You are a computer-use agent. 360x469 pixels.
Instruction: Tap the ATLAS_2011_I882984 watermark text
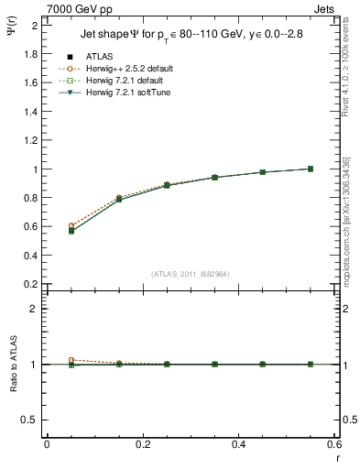(x=190, y=273)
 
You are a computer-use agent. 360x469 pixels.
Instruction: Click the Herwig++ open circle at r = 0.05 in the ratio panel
(x=71, y=360)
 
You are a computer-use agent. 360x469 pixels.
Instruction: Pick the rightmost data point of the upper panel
(x=311, y=169)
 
